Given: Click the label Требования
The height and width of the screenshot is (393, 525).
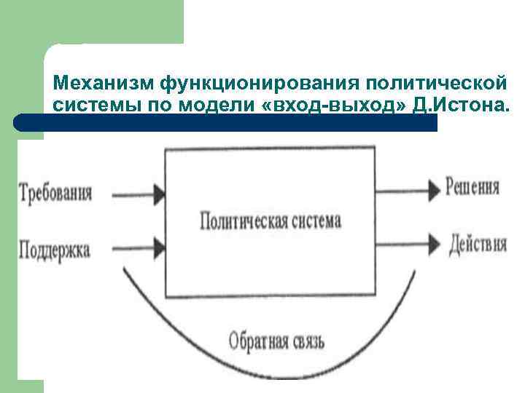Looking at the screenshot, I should pos(55,194).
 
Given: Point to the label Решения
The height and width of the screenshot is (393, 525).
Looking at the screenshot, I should pos(472,187).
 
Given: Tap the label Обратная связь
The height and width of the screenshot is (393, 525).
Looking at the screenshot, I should pos(276,340).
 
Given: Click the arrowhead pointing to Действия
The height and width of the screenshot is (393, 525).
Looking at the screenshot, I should pos(432,245).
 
